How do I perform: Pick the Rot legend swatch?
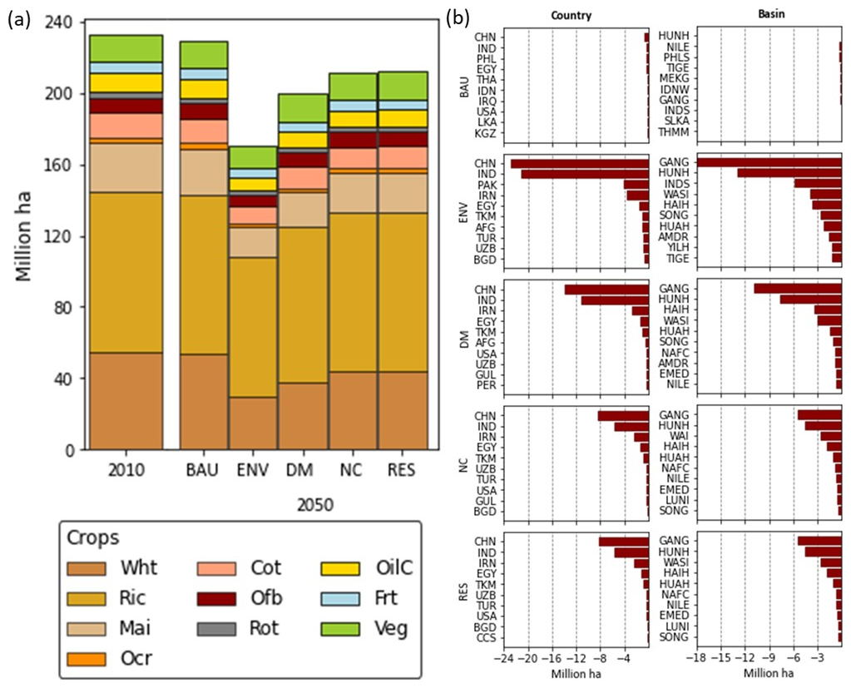[x=217, y=628]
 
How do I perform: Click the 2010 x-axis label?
[x=126, y=471]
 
